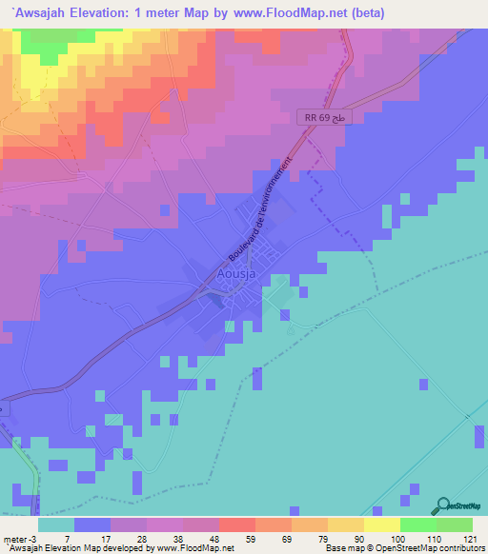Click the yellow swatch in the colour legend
point(381,524)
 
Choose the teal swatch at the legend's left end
point(55,524)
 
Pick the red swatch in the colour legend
point(236,524)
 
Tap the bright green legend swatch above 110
point(417,524)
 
